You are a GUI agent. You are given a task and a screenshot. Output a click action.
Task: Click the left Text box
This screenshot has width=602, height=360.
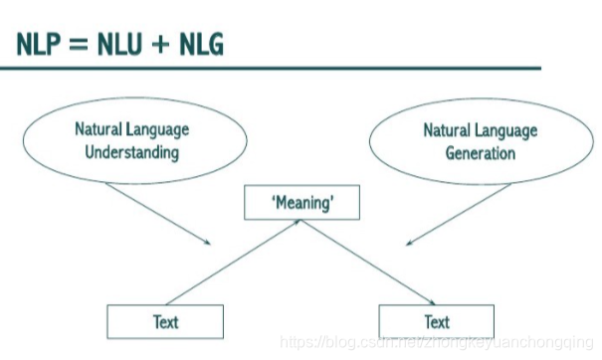coord(165,321)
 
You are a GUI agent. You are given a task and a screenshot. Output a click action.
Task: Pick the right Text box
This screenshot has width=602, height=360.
coord(437,321)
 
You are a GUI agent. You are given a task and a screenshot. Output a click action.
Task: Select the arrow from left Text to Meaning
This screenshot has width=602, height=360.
coord(235,264)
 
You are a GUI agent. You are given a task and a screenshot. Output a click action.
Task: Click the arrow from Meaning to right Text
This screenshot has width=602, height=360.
coord(370,264)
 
